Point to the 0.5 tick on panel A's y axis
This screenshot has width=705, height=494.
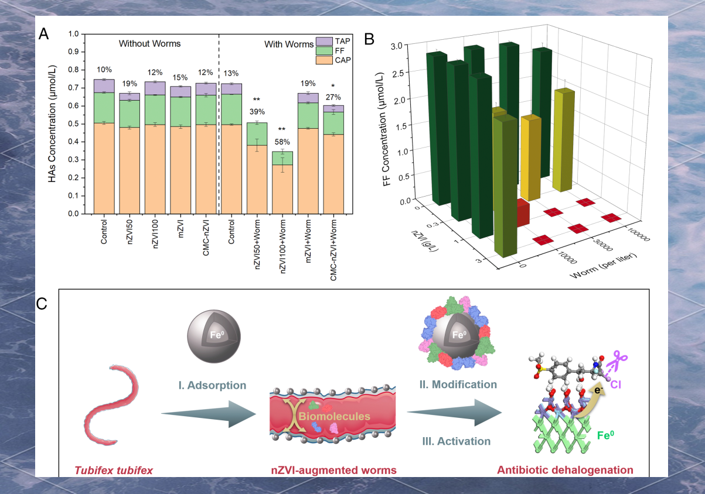[72, 124]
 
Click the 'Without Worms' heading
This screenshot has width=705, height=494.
[149, 43]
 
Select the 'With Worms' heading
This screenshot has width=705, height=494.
[289, 44]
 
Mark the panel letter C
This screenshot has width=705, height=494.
[42, 303]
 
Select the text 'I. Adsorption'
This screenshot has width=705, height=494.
[212, 385]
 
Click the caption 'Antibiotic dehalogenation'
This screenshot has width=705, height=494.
[565, 469]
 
